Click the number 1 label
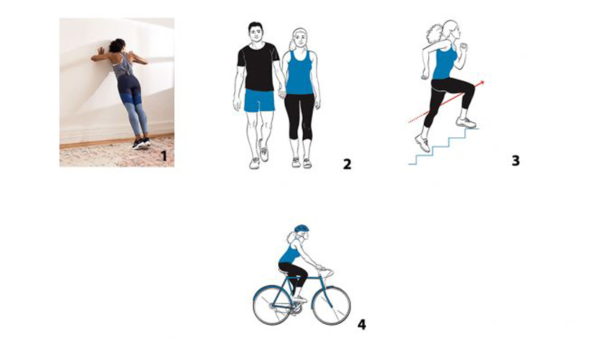163,156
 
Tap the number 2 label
346,164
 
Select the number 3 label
516,160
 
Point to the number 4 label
361,325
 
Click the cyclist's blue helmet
301,229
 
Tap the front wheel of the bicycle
331,306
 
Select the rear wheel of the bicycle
272,305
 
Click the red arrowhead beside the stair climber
481,82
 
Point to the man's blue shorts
259,100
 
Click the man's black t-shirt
257,66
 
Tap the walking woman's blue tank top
299,73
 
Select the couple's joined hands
282,92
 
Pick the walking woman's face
301,39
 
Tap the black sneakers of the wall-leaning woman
141,143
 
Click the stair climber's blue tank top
445,62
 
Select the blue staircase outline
444,146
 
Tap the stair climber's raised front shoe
466,122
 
